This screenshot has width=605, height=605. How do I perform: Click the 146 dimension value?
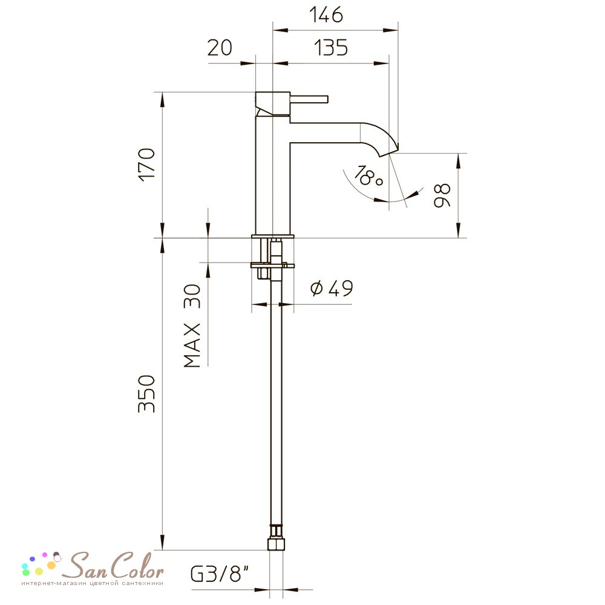326,15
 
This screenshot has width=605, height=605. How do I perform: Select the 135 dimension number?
331,47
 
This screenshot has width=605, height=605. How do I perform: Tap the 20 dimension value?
220,47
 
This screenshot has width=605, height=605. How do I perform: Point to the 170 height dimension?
146,165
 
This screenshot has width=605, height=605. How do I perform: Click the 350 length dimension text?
146,394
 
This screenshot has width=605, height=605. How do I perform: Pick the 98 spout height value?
442,195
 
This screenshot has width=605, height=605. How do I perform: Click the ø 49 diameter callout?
332,288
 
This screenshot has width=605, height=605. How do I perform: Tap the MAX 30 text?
192,325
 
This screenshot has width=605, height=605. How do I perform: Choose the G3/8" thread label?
220,574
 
